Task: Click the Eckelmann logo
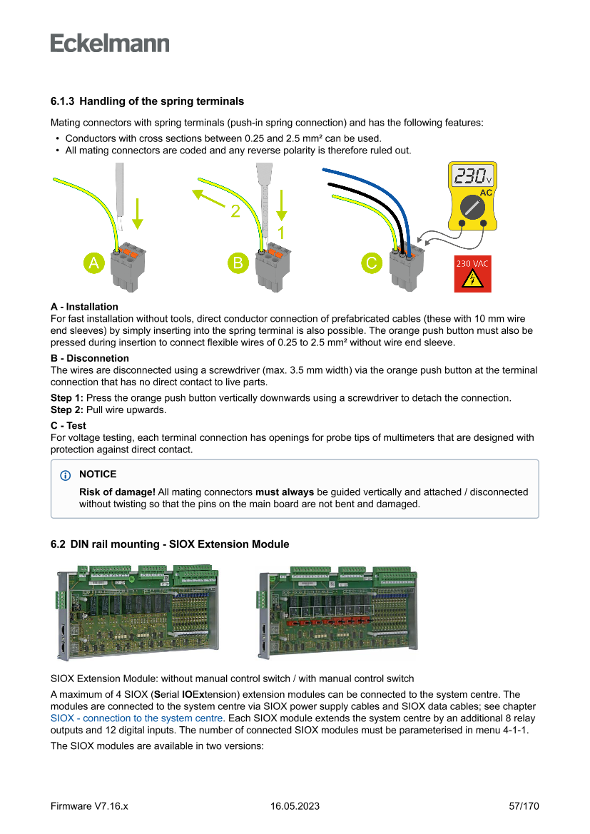(x=110, y=44)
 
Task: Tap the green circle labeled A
(x=94, y=263)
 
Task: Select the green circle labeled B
(x=238, y=263)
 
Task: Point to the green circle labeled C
(x=371, y=263)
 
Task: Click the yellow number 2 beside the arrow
(x=235, y=211)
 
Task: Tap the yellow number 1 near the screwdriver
(x=281, y=233)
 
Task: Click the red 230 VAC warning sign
(x=473, y=274)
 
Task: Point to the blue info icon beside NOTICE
(x=66, y=474)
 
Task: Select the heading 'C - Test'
(x=68, y=425)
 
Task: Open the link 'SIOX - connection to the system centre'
(x=137, y=718)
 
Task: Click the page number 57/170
(x=524, y=806)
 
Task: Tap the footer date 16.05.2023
(x=295, y=806)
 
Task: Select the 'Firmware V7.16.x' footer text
(x=89, y=806)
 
